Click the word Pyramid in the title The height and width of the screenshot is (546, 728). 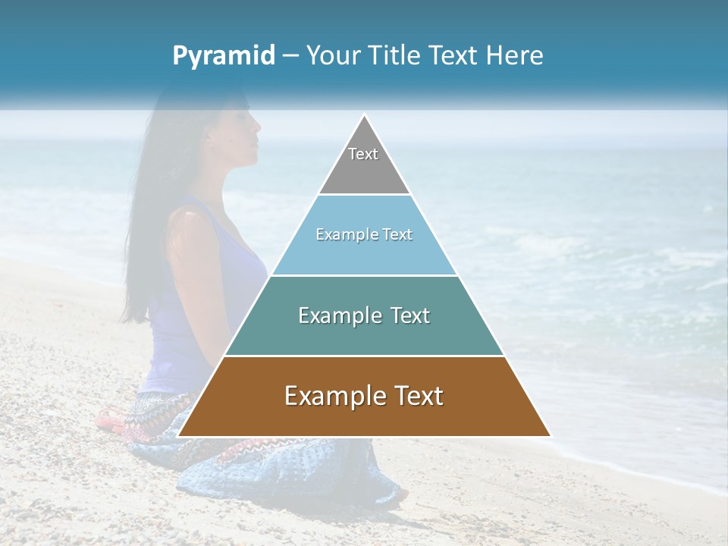pos(224,56)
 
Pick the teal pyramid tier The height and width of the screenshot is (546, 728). pos(364,334)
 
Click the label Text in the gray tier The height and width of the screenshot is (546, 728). pos(363,154)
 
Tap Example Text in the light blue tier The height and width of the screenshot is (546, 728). pos(364,234)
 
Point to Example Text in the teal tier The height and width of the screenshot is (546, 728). pos(364,315)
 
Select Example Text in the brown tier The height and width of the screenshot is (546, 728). pos(364,396)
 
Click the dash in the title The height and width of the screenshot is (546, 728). pos(290,56)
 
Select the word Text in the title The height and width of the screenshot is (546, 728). pos(453,56)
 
